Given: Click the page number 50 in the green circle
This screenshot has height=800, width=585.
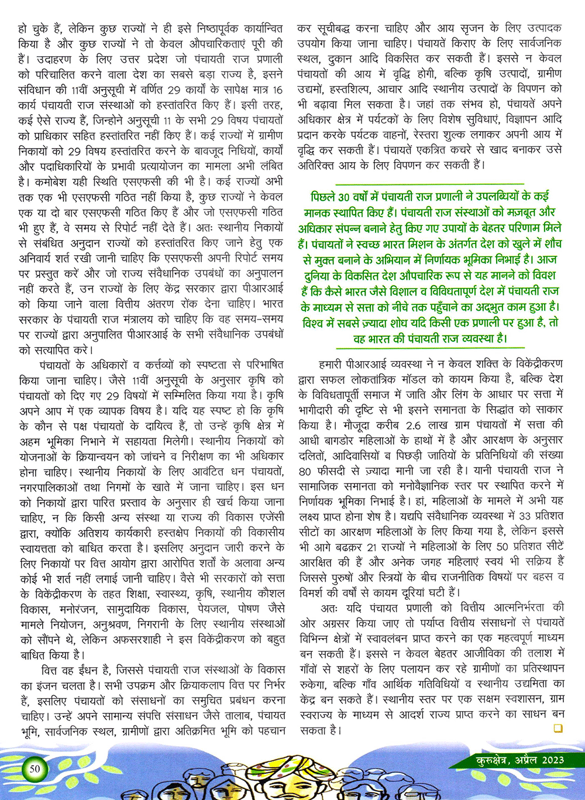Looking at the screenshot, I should [35, 768].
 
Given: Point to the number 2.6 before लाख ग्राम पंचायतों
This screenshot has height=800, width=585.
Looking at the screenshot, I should [413, 424].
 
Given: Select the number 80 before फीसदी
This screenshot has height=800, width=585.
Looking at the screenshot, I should [305, 471].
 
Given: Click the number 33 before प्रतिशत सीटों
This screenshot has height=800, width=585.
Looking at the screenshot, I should [525, 516].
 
